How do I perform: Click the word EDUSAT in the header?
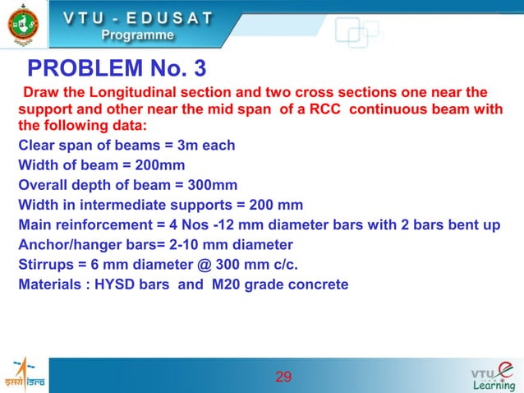coord(172,17)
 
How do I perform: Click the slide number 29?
coord(283,377)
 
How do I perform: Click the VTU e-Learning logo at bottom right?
coord(492,377)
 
